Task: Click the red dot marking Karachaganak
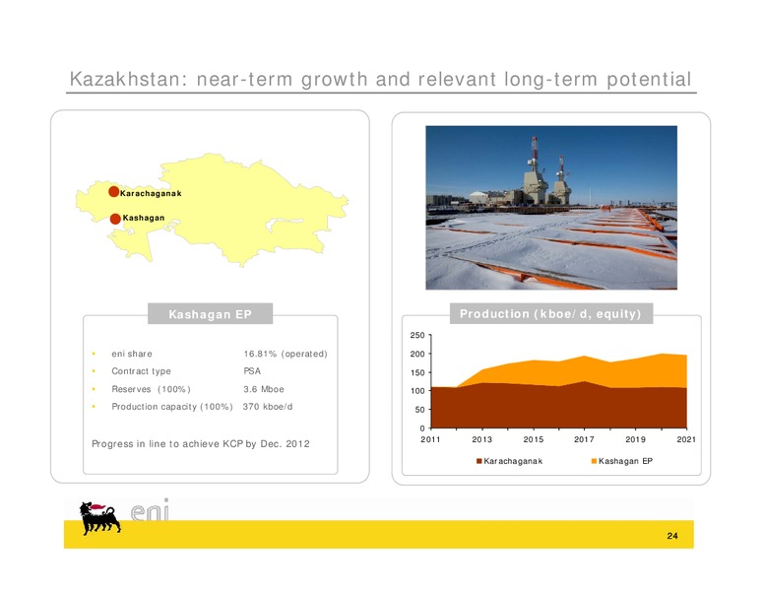pos(113,192)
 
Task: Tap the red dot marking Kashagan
pos(115,219)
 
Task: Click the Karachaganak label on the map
pos(151,194)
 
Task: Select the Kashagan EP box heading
pos(210,314)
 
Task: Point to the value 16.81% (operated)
pos(286,354)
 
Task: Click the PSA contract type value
pos(252,371)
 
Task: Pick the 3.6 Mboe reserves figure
pos(264,389)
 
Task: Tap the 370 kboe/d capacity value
pos(268,407)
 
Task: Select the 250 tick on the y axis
pos(417,335)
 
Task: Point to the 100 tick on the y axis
pos(417,391)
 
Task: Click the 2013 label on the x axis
pos(481,439)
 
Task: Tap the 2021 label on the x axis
pos(686,439)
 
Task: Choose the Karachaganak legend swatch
pos(478,461)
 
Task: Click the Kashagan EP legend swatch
pos(594,461)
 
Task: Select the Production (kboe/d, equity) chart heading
pos(550,313)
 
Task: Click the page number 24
pos(672,536)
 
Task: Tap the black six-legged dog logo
pos(99,518)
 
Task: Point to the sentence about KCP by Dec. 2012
pos(201,443)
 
